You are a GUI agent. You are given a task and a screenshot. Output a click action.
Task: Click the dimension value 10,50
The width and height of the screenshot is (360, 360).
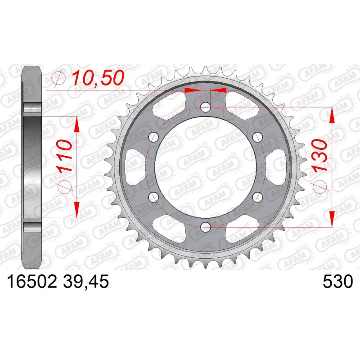[98, 77]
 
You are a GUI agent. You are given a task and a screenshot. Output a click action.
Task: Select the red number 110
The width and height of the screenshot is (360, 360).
[64, 156]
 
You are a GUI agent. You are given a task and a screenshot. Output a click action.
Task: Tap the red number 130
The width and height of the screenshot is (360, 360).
[320, 156]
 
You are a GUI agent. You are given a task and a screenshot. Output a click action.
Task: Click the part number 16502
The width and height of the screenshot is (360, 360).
[32, 282]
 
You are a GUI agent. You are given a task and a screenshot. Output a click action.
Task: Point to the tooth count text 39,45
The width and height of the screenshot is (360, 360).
[85, 282]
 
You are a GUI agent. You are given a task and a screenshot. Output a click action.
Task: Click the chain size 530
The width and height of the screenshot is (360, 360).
[337, 282]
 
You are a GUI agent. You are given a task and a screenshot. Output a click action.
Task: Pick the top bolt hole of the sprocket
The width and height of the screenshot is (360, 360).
[206, 107]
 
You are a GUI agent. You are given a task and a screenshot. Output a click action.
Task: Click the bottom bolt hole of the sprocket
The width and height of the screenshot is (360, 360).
[206, 227]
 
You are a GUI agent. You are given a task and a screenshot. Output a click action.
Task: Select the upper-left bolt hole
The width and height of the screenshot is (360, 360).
[153, 137]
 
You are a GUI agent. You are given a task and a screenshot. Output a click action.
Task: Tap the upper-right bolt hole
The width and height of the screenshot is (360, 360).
[257, 137]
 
